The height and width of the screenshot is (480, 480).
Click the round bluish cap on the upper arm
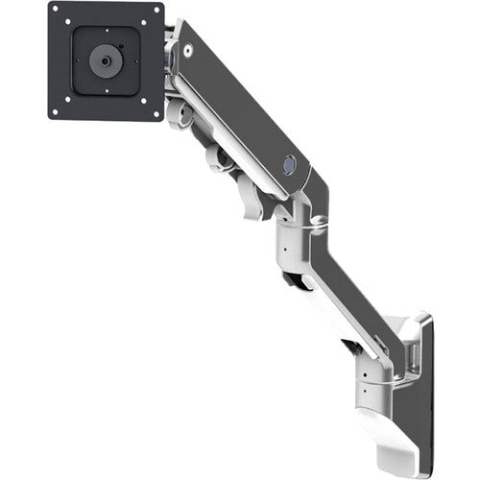(287, 165)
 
